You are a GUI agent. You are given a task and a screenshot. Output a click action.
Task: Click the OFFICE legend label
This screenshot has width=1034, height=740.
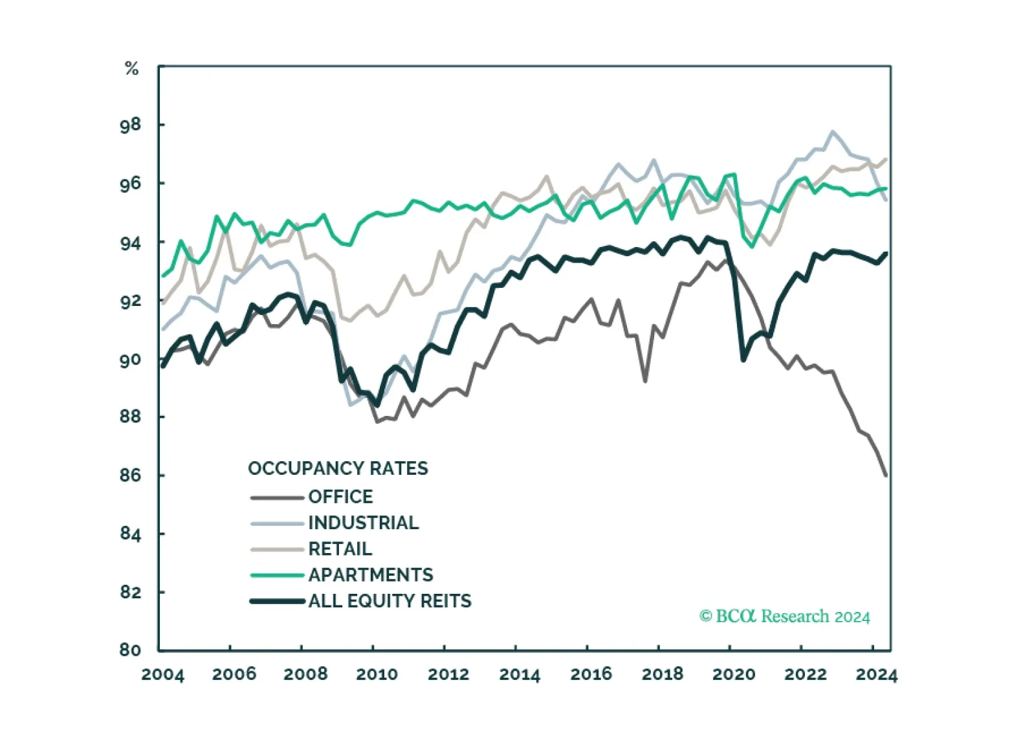pyautogui.click(x=340, y=497)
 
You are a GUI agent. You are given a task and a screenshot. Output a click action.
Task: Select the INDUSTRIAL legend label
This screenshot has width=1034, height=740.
pyautogui.click(x=364, y=523)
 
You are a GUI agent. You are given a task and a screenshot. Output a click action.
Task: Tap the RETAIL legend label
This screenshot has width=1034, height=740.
pyautogui.click(x=340, y=549)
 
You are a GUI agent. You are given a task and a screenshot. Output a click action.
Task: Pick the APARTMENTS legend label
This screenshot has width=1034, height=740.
pyautogui.click(x=371, y=575)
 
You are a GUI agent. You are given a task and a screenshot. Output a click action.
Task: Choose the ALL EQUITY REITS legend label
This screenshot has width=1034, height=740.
pyautogui.click(x=390, y=601)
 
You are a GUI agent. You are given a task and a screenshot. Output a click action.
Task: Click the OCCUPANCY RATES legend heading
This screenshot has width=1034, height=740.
pyautogui.click(x=338, y=469)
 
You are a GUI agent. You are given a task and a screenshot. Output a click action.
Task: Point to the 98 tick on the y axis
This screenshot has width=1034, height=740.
pyautogui.click(x=129, y=125)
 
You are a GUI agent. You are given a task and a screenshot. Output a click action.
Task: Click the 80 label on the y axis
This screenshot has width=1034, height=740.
pyautogui.click(x=129, y=650)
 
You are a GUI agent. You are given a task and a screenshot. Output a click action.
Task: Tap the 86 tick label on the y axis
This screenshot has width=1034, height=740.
pyautogui.click(x=129, y=475)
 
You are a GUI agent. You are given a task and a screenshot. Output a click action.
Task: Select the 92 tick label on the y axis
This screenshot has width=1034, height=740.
pyautogui.click(x=129, y=300)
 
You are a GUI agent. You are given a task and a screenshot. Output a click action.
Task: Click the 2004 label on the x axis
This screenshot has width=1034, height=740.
pyautogui.click(x=162, y=675)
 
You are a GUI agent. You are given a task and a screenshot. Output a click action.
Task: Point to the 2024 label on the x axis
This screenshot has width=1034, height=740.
pyautogui.click(x=877, y=675)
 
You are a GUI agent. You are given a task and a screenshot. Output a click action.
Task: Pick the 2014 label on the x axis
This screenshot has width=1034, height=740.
pyautogui.click(x=520, y=675)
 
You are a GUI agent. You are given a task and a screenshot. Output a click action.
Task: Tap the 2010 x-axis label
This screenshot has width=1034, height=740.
pyautogui.click(x=377, y=675)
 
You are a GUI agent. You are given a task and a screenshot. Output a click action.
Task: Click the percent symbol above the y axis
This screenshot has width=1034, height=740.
pyautogui.click(x=131, y=69)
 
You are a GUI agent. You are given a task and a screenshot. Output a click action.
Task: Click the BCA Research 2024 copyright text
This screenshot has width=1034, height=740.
pyautogui.click(x=784, y=616)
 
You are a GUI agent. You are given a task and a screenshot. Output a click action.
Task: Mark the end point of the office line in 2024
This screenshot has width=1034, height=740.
pyautogui.click(x=886, y=475)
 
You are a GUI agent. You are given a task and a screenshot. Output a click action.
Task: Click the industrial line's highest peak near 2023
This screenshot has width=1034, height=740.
pyautogui.click(x=833, y=131)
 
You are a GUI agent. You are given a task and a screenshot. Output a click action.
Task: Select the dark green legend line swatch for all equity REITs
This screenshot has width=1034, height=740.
pyautogui.click(x=277, y=601)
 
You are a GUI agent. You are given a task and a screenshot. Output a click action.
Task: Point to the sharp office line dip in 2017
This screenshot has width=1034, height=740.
pyautogui.click(x=645, y=382)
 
